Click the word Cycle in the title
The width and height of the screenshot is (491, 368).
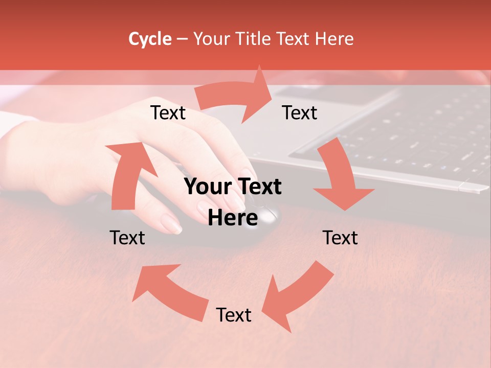tap(150, 39)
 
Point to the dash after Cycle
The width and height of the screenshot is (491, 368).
tap(183, 39)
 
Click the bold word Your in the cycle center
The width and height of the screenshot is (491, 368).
tap(207, 187)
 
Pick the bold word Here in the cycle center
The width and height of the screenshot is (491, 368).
tap(233, 218)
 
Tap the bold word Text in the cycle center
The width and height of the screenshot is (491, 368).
tap(258, 187)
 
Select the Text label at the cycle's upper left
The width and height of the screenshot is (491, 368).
tap(168, 113)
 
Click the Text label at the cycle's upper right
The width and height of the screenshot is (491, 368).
tap(300, 113)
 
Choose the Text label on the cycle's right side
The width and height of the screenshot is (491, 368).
tap(340, 238)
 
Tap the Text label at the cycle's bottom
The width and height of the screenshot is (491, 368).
tap(234, 315)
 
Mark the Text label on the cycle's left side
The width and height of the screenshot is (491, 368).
tap(127, 238)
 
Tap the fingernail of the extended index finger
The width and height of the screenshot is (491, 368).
tap(171, 223)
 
